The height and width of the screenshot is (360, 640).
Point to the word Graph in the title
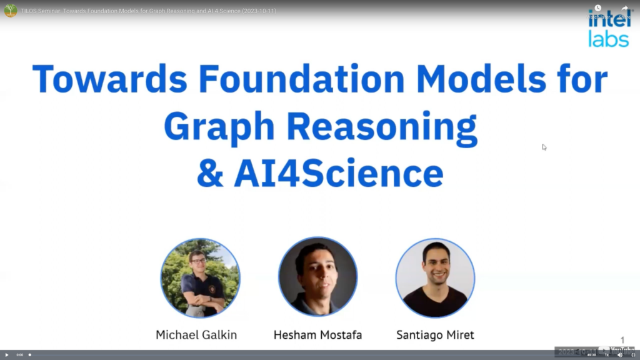point(219,127)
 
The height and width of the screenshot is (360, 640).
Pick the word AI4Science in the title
point(338,174)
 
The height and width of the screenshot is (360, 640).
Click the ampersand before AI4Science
point(210,174)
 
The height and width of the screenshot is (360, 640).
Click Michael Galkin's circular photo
point(200,278)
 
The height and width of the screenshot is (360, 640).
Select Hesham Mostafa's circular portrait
point(317,277)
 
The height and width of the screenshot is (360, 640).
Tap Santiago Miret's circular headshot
point(435,277)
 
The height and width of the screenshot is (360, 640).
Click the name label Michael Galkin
point(196,335)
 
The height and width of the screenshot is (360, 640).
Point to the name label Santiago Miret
point(436,335)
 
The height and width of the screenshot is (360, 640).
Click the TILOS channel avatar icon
point(10,11)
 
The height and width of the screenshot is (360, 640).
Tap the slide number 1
point(622,340)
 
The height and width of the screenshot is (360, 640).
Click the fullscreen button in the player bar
point(633,355)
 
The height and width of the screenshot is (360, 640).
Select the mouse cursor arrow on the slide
point(544,147)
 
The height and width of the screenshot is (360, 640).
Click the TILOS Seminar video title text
point(149,11)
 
